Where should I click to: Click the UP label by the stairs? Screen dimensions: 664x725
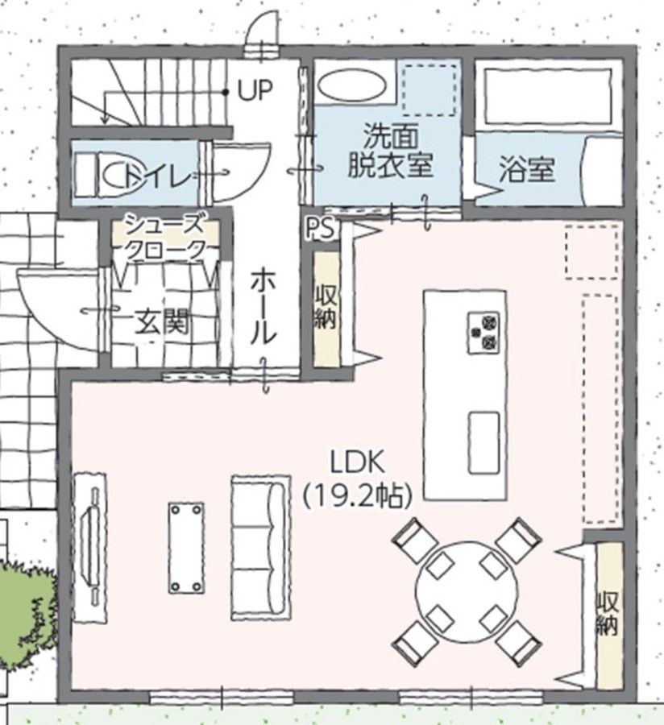[255, 89]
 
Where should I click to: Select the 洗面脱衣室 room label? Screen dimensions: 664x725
[390, 150]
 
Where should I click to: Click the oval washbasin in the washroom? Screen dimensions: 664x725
[353, 85]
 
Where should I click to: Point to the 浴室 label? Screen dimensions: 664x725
[527, 169]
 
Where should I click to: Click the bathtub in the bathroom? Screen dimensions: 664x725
[549, 97]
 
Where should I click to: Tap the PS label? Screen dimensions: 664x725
[321, 229]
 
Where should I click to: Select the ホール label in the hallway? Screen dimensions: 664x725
[264, 308]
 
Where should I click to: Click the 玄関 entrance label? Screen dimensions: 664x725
[162, 321]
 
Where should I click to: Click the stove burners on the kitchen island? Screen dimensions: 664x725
[483, 333]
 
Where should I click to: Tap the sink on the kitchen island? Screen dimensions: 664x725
[483, 442]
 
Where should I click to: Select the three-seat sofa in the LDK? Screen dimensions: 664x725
[261, 548]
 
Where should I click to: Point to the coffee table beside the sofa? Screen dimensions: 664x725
[186, 548]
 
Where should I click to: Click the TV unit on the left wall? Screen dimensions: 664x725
[89, 548]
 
